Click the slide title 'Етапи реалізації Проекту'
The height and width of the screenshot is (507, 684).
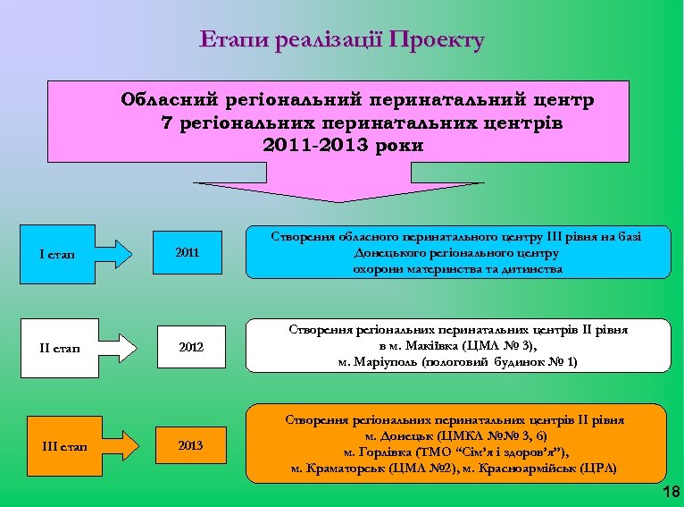point(342,40)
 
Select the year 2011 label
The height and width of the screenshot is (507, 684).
point(188,253)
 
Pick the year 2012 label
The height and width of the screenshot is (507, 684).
point(188,346)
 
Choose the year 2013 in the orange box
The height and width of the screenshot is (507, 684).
point(189,444)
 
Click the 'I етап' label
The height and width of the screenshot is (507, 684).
point(57,255)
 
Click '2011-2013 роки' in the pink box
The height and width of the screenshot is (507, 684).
point(343,144)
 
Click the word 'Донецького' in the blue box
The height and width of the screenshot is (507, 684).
point(380,253)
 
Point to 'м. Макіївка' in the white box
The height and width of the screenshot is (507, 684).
point(415,346)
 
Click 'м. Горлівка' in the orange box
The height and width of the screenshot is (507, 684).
point(378,452)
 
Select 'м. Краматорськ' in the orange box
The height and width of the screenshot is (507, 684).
point(335,468)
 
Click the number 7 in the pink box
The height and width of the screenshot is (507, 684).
point(167,122)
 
